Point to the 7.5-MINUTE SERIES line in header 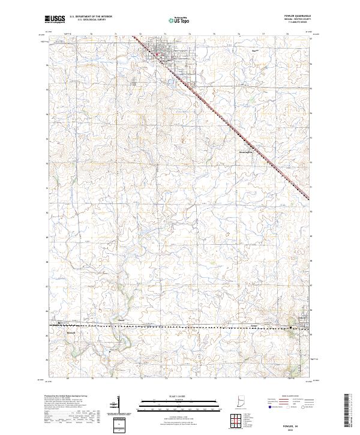pyautogui.click(x=300, y=23)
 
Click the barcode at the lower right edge pyautogui.click(x=349, y=411)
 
